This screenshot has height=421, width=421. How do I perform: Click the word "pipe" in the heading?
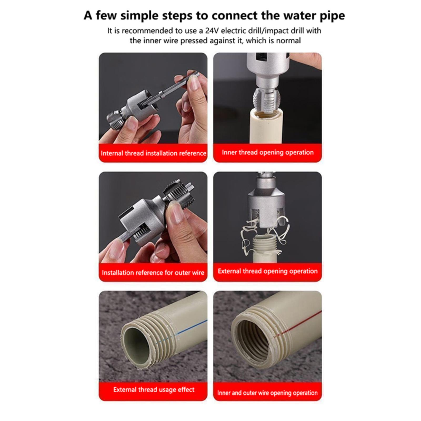(331, 16)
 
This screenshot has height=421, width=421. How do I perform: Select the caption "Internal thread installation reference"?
(153, 153)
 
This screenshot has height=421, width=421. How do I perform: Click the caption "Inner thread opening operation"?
(268, 153)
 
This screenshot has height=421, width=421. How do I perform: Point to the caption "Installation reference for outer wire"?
(153, 272)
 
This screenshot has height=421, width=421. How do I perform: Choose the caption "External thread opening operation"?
(268, 271)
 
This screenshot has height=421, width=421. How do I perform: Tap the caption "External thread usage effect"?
(154, 390)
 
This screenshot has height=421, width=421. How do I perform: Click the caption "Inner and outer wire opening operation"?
(267, 393)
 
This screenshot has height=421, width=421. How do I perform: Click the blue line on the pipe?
(182, 332)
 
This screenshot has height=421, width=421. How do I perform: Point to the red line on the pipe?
(297, 324)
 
